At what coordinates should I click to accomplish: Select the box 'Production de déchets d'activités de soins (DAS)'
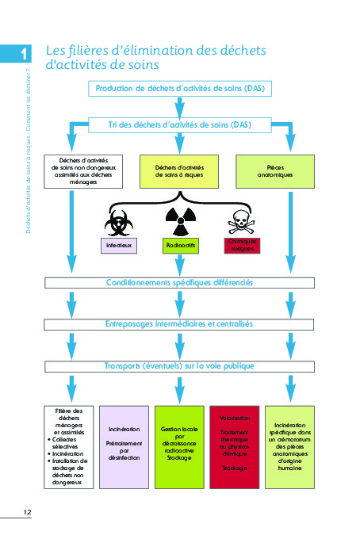tap(181, 88)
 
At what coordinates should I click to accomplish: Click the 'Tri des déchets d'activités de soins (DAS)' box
tap(179, 125)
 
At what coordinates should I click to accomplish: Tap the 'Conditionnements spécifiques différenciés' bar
tap(180, 283)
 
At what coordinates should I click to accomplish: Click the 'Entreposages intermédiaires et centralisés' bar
tap(180, 324)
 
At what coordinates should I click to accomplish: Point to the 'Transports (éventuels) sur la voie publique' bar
tap(180, 366)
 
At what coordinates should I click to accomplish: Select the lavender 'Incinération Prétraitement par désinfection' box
tap(124, 446)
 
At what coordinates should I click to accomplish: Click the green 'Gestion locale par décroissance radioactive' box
tap(180, 446)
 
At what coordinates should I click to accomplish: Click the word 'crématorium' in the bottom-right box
tap(294, 439)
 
